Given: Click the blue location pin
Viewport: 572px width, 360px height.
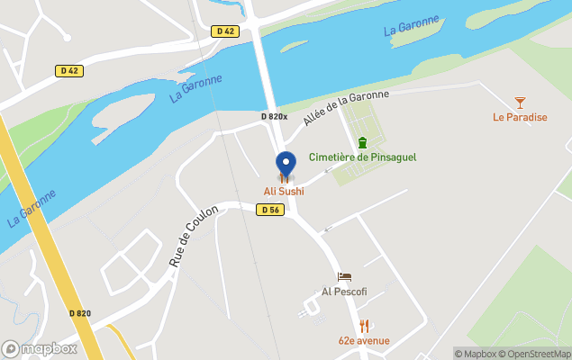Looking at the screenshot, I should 286,164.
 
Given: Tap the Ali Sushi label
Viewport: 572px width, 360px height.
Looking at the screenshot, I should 284,191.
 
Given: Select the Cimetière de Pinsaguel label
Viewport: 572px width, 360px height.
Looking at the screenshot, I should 362,157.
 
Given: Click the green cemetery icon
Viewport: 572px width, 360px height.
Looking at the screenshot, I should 362,142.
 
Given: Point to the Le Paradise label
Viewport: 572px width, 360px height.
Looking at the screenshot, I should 520,116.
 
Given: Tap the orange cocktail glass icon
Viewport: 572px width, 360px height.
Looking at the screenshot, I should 520,103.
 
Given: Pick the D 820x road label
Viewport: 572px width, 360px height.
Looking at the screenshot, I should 274,116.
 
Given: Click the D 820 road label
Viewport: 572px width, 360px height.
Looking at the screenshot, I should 80,313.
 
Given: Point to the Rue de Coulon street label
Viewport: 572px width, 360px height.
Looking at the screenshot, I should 194,236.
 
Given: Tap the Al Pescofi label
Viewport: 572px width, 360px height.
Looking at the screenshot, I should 344,292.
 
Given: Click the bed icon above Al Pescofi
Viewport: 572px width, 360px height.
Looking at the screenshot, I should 344,277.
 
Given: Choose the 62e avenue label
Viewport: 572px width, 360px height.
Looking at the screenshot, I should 364,340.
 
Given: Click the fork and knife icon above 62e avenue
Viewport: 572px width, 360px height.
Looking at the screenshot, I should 364,326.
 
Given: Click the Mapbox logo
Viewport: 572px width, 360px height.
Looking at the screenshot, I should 40,348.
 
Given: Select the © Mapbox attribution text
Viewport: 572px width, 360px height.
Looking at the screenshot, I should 475,353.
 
